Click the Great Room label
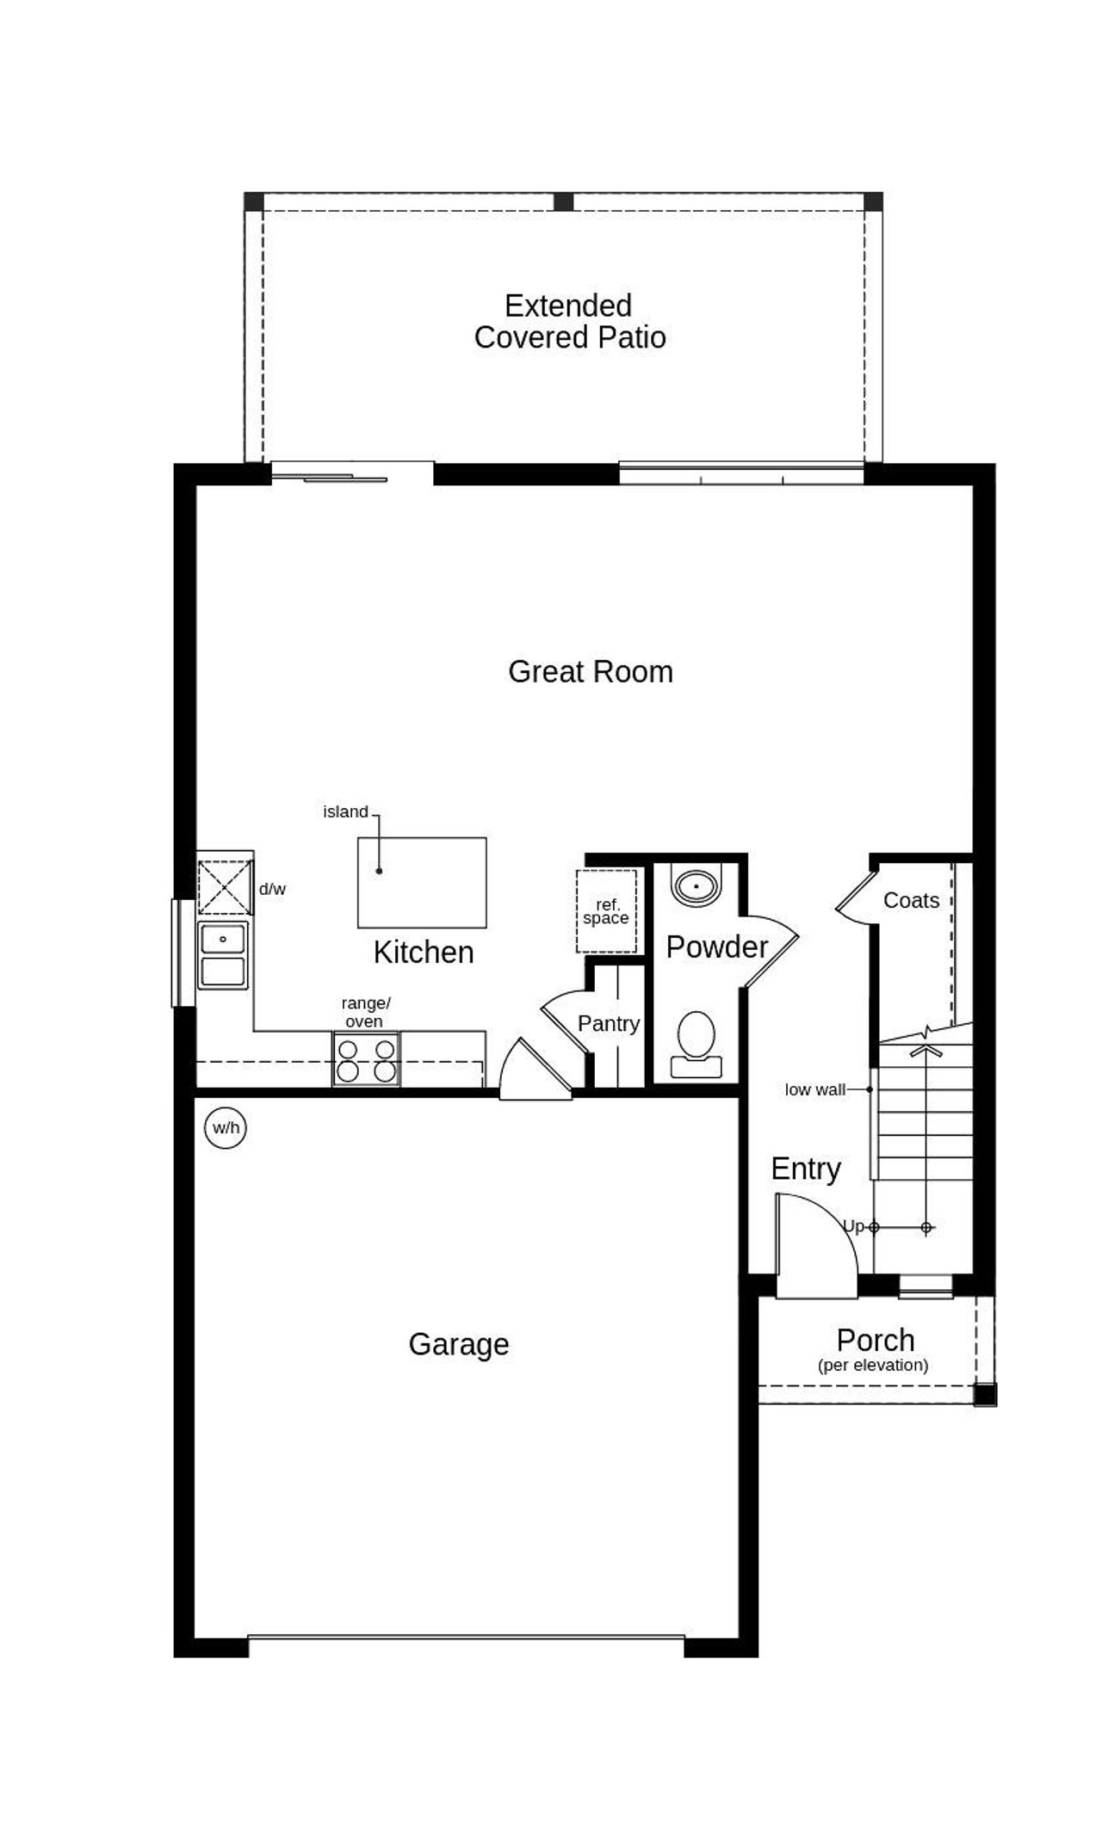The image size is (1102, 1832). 590,671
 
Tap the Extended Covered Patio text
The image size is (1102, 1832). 569,321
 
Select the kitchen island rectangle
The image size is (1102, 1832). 422,882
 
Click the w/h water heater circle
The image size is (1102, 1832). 226,1127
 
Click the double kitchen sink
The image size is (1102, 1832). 223,955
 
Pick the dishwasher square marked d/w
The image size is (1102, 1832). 225,886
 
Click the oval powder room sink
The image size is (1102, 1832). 695,885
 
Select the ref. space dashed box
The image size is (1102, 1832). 606,911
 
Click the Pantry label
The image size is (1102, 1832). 609,1023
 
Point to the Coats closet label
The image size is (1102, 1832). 911,900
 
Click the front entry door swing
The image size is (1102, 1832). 814,1243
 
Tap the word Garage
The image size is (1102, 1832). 458,1344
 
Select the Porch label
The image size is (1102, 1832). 875,1340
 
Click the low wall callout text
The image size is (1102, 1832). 814,1089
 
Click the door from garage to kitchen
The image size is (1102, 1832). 534,1071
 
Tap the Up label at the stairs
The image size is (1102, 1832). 852,1225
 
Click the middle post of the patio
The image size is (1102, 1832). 563,201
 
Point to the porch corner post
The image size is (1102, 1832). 985,1394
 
